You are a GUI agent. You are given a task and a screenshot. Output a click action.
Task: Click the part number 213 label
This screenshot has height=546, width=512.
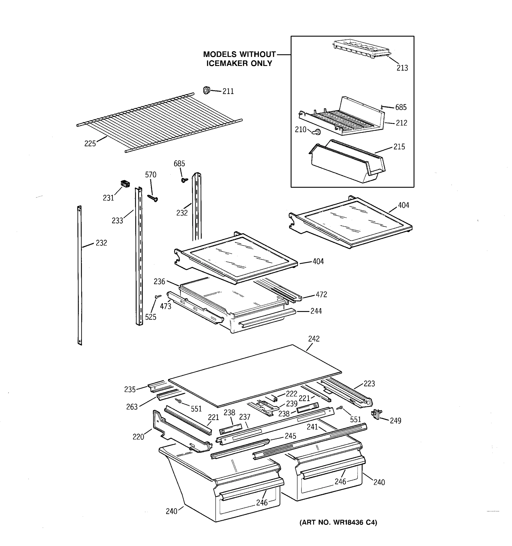(402, 68)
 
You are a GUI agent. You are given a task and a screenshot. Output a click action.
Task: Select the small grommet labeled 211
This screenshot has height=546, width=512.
(206, 90)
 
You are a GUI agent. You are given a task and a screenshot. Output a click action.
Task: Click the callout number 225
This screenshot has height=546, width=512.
(90, 143)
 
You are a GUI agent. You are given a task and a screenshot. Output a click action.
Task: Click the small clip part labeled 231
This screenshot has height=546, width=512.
(125, 184)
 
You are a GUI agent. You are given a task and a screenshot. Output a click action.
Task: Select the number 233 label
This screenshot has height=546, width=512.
(117, 220)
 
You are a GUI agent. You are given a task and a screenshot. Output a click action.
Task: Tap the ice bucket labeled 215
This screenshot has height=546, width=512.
(347, 162)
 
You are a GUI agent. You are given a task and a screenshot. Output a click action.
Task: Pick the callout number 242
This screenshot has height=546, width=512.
(314, 339)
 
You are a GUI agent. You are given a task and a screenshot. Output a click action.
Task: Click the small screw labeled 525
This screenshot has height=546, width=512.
(158, 297)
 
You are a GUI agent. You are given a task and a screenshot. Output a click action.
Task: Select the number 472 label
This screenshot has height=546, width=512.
(321, 294)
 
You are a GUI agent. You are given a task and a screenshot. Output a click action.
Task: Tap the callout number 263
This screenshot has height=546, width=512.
(132, 407)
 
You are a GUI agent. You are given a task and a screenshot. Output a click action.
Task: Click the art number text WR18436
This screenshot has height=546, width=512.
(349, 522)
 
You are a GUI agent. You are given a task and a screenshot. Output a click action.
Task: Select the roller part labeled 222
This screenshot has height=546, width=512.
(274, 398)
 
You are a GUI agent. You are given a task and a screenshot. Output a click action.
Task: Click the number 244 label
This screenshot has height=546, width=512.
(316, 311)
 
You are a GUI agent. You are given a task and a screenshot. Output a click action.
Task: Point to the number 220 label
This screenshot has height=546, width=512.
(138, 437)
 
